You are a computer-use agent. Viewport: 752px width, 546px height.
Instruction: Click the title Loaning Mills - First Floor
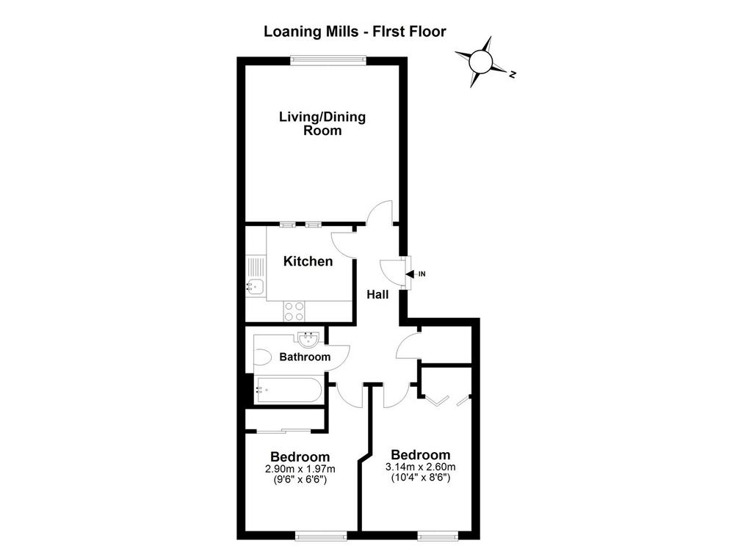click(355, 32)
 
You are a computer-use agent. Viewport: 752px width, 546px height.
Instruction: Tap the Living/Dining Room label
click(322, 124)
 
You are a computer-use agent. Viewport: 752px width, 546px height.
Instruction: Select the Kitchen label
click(308, 261)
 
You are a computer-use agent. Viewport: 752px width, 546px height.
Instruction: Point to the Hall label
click(377, 294)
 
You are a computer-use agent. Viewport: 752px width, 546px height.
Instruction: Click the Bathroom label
click(305, 357)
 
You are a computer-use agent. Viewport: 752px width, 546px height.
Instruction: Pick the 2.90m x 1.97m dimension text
click(300, 468)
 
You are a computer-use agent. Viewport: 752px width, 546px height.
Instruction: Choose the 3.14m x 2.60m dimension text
click(421, 467)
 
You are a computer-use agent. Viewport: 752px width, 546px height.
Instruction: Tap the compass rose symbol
click(481, 62)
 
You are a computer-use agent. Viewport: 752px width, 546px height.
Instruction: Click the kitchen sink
click(255, 286)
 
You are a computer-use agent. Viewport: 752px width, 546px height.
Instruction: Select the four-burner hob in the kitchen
click(294, 310)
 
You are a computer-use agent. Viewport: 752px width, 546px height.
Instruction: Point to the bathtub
click(288, 390)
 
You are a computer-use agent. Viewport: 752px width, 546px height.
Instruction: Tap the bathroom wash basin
click(308, 340)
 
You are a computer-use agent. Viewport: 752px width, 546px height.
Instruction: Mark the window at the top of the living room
click(328, 60)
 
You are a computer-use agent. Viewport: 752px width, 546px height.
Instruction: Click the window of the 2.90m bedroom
click(321, 536)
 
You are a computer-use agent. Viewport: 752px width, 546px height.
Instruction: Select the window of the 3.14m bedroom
click(437, 536)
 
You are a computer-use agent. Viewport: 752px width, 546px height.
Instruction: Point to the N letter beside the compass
click(513, 74)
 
